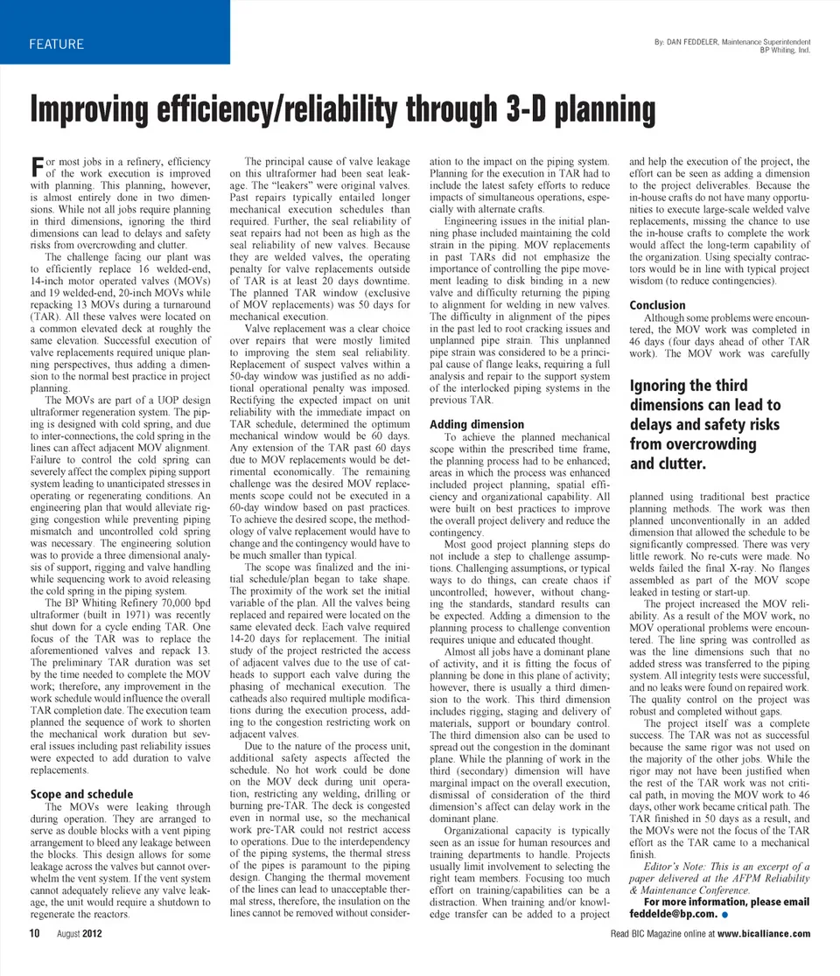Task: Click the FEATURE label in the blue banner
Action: [x=56, y=45]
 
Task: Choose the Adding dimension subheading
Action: [x=477, y=424]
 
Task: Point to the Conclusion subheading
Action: [x=657, y=305]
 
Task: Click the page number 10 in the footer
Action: [x=34, y=934]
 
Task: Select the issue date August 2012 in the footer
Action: [x=80, y=934]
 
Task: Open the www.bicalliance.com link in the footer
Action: [x=764, y=934]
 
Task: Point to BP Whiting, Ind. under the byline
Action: [x=786, y=50]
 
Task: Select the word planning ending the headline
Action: [x=605, y=111]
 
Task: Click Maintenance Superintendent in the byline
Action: [x=765, y=41]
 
